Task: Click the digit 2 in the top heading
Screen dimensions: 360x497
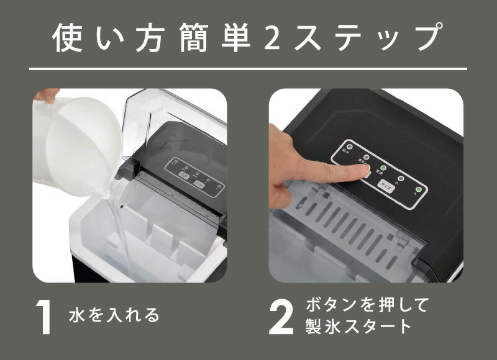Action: tap(273, 38)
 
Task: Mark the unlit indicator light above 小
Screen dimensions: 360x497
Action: tap(401, 178)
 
